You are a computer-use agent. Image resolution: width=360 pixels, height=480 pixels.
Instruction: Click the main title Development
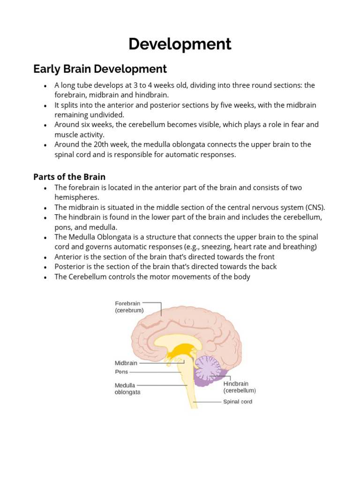click(180, 44)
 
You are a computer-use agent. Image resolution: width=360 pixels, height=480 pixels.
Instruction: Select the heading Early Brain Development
click(100, 69)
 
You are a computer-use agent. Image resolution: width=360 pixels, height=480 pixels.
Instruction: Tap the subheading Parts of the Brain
click(69, 177)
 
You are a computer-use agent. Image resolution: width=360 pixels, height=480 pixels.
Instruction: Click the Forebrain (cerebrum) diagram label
click(129, 307)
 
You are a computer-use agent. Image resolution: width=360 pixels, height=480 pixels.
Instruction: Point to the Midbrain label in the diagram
click(126, 363)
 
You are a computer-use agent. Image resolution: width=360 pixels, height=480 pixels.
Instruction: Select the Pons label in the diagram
click(121, 372)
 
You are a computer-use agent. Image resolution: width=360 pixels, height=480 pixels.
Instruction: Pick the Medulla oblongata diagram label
click(127, 389)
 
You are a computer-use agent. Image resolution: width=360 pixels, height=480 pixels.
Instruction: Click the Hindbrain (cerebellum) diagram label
click(240, 387)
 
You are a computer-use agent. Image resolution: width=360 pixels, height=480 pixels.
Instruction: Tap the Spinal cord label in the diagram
click(237, 402)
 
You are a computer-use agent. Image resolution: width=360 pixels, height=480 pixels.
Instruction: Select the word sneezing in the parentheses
click(217, 247)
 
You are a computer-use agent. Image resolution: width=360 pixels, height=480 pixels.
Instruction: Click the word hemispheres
click(77, 197)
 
